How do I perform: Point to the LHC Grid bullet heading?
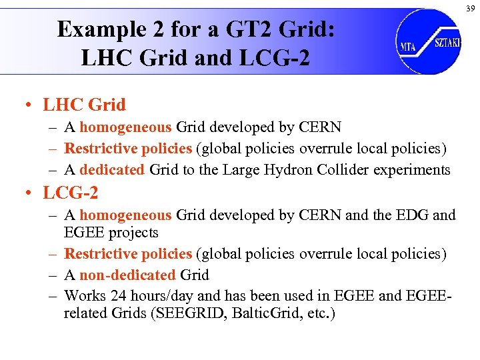click(84, 105)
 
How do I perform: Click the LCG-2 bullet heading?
click(71, 193)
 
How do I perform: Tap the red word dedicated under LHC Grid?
click(112, 170)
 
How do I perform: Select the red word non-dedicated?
click(127, 275)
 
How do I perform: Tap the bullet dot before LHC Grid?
click(29, 105)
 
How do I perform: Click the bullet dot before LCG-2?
click(29, 194)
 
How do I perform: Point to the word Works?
click(84, 294)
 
